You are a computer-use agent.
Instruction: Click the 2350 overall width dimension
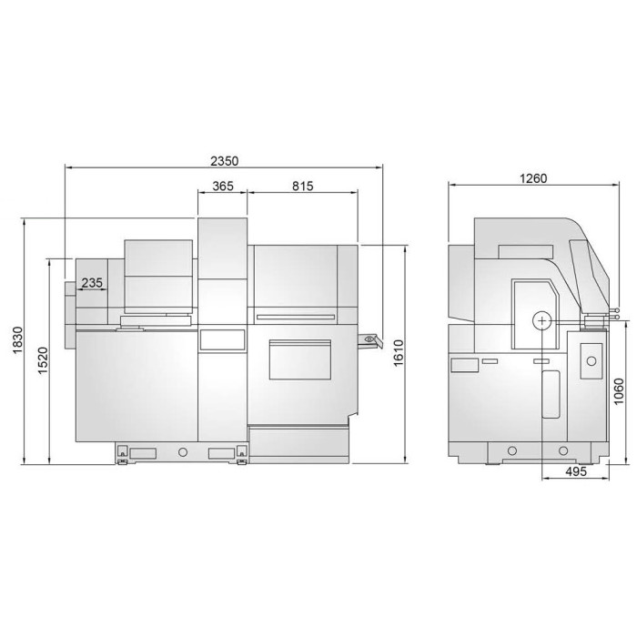pos(224,161)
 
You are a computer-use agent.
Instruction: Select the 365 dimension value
pos(223,186)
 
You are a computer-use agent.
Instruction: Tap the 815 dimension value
pos(303,186)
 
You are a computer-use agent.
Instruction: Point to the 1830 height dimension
pos(17,340)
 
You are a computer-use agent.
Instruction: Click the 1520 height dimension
pos(43,361)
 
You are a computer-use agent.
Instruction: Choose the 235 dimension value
pos(92,283)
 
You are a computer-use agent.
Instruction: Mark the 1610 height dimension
pos(399,353)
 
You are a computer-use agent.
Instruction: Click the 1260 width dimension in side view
pos(533,178)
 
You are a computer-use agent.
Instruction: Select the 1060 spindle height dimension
pos(619,391)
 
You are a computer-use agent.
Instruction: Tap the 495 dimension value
pos(576,471)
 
